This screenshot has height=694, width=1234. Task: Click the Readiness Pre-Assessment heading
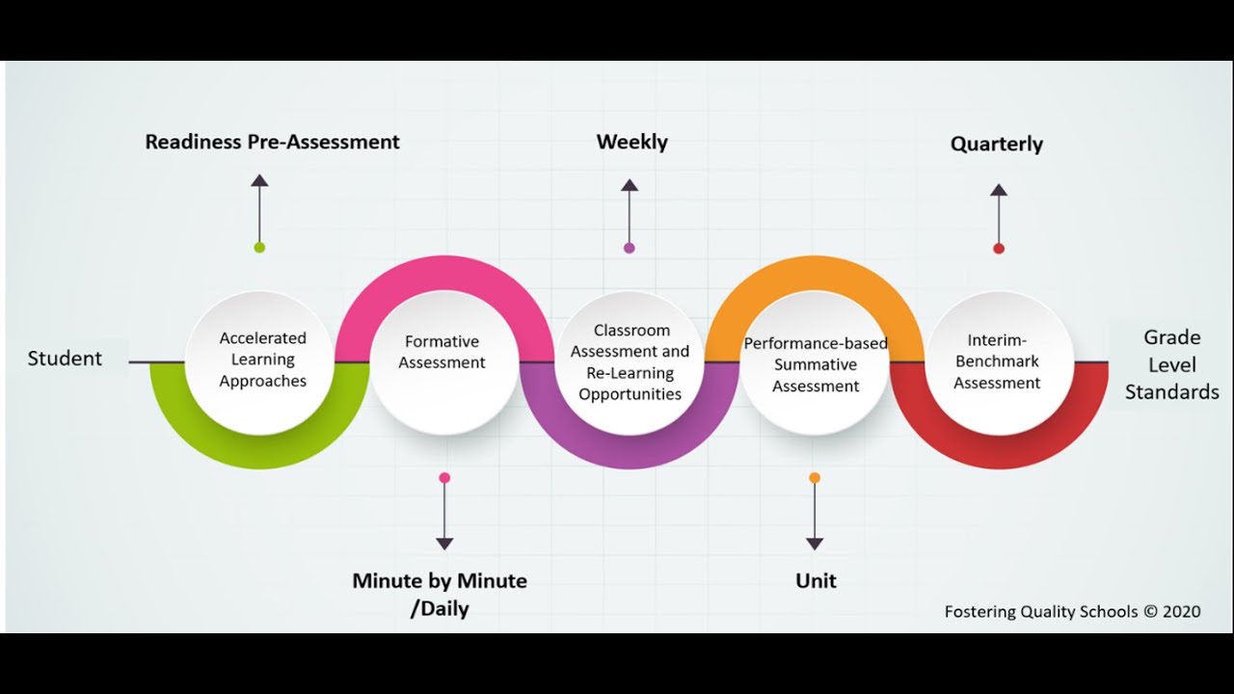pyautogui.click(x=272, y=142)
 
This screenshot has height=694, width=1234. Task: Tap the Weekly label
pyautogui.click(x=631, y=142)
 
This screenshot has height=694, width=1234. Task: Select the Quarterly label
pyautogui.click(x=996, y=144)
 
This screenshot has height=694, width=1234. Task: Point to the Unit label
pyautogui.click(x=816, y=580)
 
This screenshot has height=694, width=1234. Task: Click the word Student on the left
pyautogui.click(x=65, y=359)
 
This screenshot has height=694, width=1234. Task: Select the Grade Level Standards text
pyautogui.click(x=1171, y=364)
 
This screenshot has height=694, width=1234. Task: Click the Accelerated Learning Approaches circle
pyautogui.click(x=262, y=360)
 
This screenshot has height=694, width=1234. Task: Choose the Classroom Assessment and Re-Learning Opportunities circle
pyautogui.click(x=630, y=362)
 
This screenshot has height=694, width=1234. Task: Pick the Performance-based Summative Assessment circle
pyautogui.click(x=816, y=364)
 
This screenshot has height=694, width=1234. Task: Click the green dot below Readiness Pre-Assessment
pyautogui.click(x=259, y=248)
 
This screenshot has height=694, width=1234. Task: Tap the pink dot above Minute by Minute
pyautogui.click(x=444, y=477)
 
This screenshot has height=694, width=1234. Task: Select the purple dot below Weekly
pyautogui.click(x=630, y=248)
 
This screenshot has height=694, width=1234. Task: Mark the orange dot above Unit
pyautogui.click(x=815, y=477)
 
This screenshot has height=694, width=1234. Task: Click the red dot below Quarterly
pyautogui.click(x=999, y=248)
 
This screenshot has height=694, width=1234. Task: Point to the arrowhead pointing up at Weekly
pyautogui.click(x=630, y=185)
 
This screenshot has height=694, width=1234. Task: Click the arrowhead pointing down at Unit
pyautogui.click(x=815, y=544)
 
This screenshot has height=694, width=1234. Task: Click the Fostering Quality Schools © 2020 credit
pyautogui.click(x=1072, y=611)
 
